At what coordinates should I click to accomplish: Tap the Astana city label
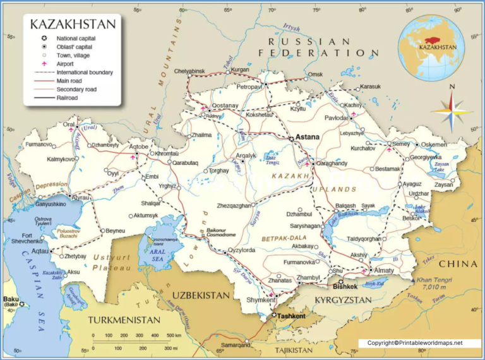pos(308,136)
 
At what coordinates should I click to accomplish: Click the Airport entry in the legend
pos(67,64)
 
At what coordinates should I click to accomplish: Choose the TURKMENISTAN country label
pos(124,320)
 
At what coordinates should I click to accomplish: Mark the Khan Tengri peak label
pos(437,280)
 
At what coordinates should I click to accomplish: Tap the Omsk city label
pos(315,75)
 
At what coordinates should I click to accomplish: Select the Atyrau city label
pos(80,198)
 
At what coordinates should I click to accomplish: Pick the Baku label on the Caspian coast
pos(10,301)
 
